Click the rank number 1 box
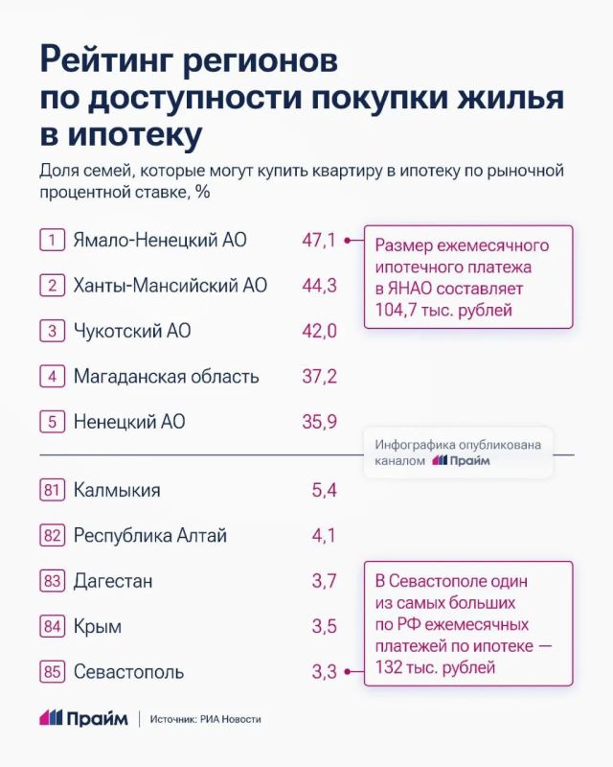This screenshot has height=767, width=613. coord(52,240)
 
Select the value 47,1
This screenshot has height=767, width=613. coord(319,240)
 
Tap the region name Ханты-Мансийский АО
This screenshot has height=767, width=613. coord(170,286)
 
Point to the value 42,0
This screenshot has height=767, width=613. coord(319,331)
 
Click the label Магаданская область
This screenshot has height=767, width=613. coord(166,377)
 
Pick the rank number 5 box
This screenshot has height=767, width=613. coord(52,422)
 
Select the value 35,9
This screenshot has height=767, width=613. coord(319,422)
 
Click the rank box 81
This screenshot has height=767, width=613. coord(52,490)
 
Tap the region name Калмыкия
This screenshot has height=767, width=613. coord(117,490)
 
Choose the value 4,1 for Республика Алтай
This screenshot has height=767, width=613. coord(324,536)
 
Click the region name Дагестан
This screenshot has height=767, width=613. coord(113,581)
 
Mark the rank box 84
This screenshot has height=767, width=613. coord(52,627)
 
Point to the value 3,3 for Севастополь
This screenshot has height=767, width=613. coord(324,672)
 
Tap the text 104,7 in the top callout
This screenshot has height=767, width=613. coord(393,310)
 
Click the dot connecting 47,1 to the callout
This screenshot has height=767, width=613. coord(350,240)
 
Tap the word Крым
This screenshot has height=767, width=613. coord(97,627)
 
